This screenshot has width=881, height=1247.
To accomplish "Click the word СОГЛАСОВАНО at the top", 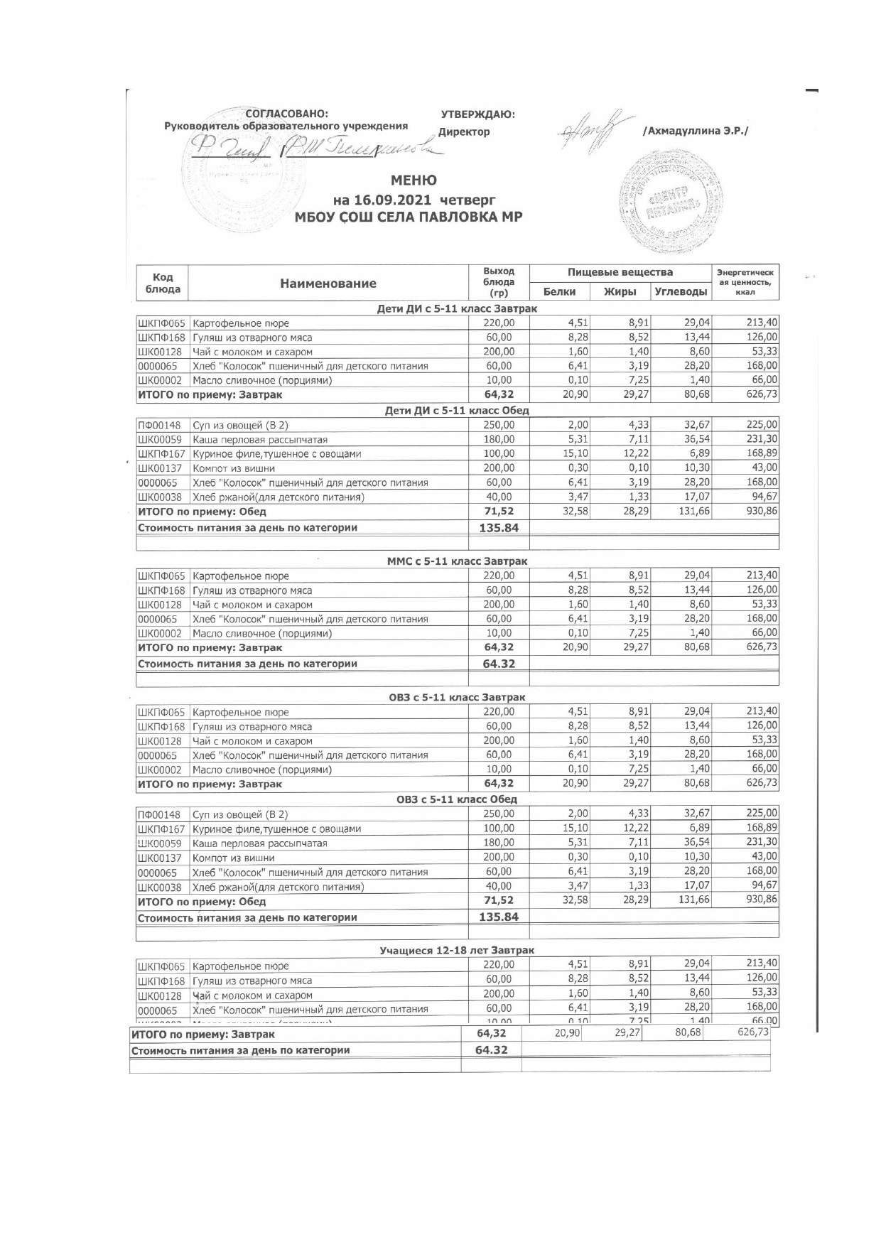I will [x=286, y=114].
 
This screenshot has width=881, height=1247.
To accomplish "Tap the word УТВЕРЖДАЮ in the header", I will [x=477, y=114].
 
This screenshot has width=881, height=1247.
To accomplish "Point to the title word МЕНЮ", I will [x=414, y=180].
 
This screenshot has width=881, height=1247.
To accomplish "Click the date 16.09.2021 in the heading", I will [x=396, y=200].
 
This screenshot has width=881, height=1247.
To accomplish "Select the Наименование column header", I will [x=328, y=284].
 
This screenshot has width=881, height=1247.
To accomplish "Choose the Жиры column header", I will [x=620, y=291].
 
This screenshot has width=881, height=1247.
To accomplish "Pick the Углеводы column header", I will [x=681, y=291].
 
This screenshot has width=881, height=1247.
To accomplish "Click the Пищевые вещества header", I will [x=620, y=272].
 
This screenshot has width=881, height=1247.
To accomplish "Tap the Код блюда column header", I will [x=163, y=284].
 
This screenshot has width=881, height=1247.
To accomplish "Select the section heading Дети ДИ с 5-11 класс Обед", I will [x=457, y=411].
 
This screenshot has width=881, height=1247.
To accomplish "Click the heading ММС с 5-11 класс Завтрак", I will [x=457, y=561].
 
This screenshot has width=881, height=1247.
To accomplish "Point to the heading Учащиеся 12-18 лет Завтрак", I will [x=457, y=950].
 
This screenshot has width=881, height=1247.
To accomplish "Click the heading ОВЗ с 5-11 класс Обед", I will [x=457, y=799].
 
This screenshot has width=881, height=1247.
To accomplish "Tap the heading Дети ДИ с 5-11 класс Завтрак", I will [x=457, y=308].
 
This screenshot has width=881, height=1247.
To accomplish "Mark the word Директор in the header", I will [x=464, y=132].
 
